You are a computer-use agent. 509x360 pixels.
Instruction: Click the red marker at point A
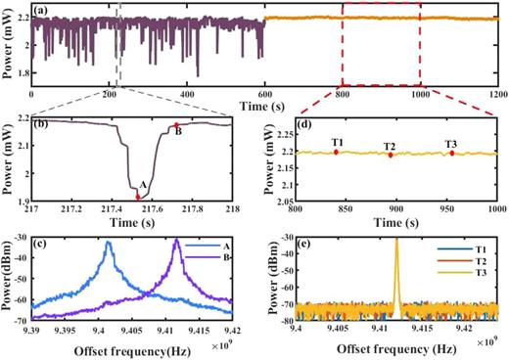pos(138,196)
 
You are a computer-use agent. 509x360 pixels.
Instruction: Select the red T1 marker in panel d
pos(336,152)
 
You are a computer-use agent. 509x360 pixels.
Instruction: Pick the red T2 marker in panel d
pos(390,155)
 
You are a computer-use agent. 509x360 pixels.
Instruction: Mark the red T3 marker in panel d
pos(452,153)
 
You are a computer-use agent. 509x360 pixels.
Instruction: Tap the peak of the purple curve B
pos(177,239)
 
